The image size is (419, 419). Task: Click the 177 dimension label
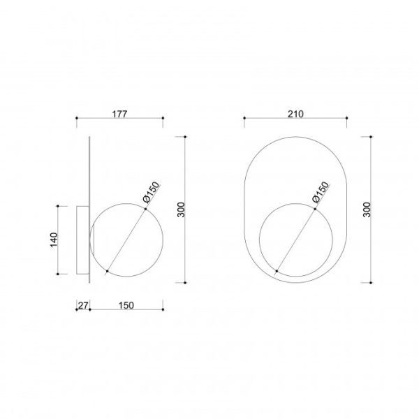coord(119,114)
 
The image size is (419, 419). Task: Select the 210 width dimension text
coord(295,114)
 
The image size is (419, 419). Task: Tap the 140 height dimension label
coord(54,240)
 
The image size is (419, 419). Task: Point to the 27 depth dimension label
coord(83,305)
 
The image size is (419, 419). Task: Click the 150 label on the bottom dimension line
coord(126,305)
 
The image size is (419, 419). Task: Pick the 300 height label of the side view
coord(181,209)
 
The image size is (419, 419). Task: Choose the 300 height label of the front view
coord(367,209)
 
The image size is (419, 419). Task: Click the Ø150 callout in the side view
coord(152,192)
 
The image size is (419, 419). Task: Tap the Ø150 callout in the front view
coord(321,192)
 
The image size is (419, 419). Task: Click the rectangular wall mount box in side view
coord(83,240)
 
